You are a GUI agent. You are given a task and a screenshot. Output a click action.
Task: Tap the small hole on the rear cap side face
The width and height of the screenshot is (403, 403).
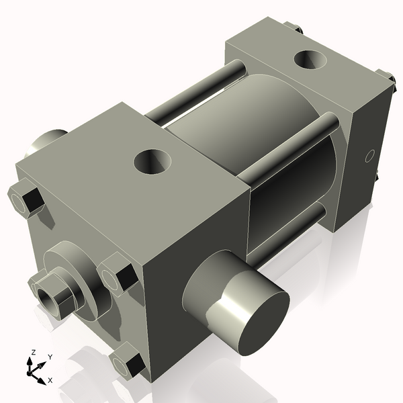coord(368,157)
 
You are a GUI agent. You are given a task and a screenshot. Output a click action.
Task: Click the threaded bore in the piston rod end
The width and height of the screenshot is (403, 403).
coord(46,293)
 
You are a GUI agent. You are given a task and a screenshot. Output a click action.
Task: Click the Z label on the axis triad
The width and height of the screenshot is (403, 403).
coord(31,351)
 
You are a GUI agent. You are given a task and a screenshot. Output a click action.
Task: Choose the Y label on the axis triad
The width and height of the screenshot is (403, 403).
coord(50,357)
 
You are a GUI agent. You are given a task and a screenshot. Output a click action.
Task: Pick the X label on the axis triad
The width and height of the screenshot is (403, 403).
coord(50,380)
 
